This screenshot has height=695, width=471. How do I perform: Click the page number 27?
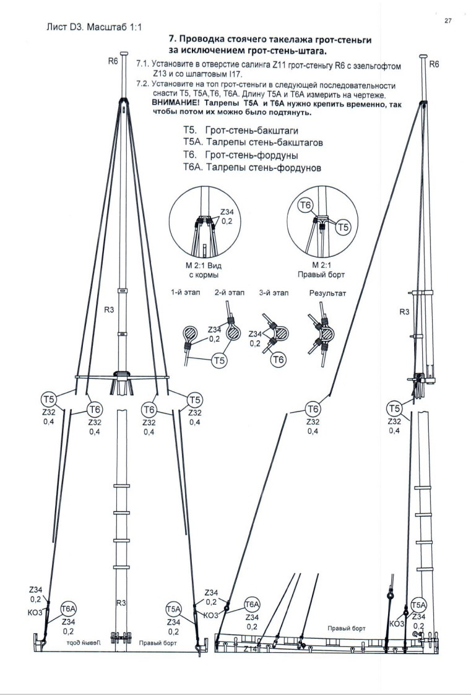(448, 20)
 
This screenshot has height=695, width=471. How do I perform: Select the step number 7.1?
(143, 64)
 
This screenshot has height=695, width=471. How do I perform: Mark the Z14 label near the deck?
(250, 649)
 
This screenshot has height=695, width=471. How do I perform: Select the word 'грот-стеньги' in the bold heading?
(339, 40)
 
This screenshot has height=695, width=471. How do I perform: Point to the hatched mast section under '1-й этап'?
(191, 334)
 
